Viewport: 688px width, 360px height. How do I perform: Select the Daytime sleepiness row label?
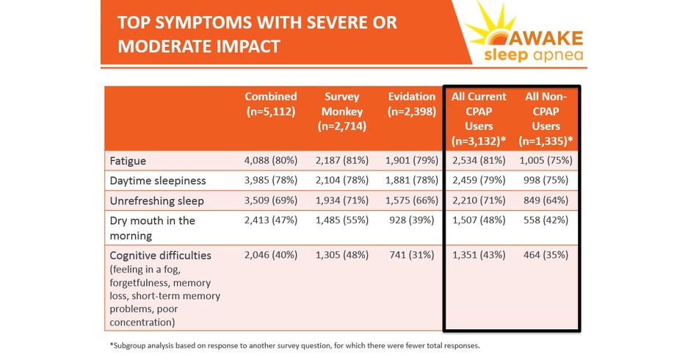pyautogui.click(x=157, y=180)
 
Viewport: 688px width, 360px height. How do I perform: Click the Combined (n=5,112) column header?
pyautogui.click(x=271, y=104)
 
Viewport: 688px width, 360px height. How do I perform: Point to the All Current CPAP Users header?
pyautogui.click(x=479, y=118)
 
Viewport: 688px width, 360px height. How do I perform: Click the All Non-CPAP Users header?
pyautogui.click(x=547, y=118)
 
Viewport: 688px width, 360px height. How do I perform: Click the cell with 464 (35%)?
pyautogui.click(x=549, y=255)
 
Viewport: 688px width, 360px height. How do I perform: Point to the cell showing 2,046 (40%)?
pyautogui.click(x=270, y=255)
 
